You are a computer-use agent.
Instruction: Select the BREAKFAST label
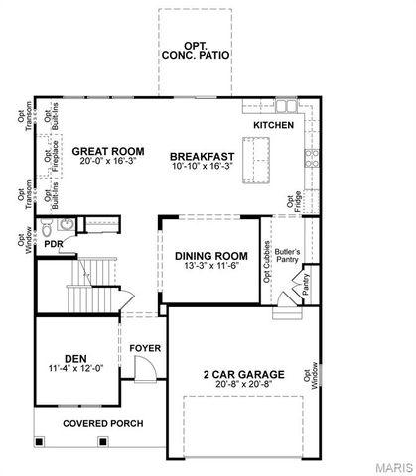click(x=202, y=156)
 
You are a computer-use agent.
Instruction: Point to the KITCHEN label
click(x=273, y=126)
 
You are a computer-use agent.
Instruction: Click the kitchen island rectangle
click(x=255, y=154)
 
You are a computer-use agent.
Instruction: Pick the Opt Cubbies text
click(x=267, y=262)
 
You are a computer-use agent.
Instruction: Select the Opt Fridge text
click(x=291, y=202)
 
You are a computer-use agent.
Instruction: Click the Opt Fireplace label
click(x=47, y=155)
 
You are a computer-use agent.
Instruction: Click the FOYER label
click(x=145, y=349)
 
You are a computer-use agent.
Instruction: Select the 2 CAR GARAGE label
click(x=244, y=374)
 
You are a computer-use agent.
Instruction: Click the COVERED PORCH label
click(x=102, y=423)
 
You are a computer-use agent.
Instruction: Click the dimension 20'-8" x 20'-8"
click(x=244, y=385)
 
